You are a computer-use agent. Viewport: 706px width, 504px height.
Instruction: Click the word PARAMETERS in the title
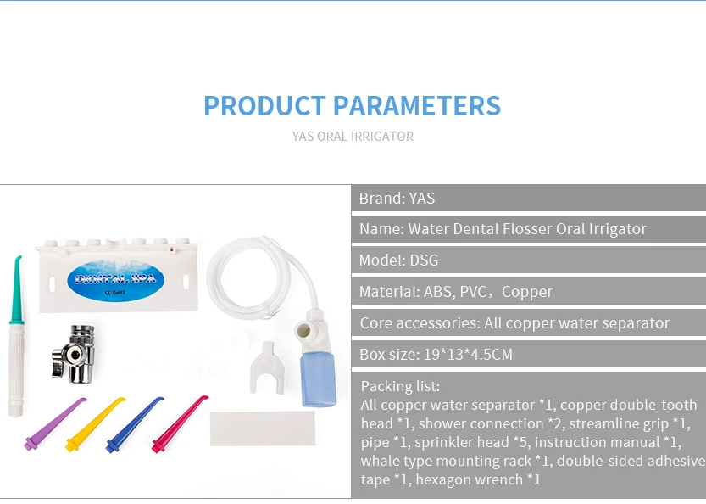(x=416, y=106)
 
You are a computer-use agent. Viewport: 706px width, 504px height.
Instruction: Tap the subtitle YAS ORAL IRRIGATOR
(x=353, y=136)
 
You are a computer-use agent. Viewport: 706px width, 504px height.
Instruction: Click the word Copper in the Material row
(x=527, y=292)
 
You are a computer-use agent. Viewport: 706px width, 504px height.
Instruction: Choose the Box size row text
(x=436, y=355)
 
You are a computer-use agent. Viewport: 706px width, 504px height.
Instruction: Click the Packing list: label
(x=400, y=386)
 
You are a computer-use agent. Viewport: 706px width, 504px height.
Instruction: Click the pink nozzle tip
(x=180, y=423)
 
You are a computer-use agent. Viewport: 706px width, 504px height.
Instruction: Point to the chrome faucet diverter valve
(x=74, y=355)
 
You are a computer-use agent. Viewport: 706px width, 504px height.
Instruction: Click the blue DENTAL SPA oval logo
(x=116, y=281)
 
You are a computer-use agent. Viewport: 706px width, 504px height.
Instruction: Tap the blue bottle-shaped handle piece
(x=319, y=378)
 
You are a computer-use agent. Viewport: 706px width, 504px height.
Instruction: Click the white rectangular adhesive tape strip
(x=263, y=428)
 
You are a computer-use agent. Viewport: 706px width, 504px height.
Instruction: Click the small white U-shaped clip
(x=268, y=367)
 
